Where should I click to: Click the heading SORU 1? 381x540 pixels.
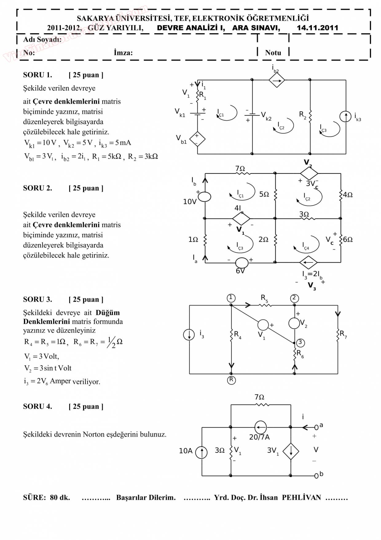pos(37,75)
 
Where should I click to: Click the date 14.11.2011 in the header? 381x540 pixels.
pos(317,28)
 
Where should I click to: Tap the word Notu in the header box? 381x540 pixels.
pos(273,53)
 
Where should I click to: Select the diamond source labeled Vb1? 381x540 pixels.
pos(197,139)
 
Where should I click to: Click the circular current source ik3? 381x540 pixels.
pos(345,116)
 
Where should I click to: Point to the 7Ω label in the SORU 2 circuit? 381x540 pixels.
pos(240,169)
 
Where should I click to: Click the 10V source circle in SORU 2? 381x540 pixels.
pos(205,197)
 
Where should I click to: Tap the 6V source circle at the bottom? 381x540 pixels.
pos(242,262)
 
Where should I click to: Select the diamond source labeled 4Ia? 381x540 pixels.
pos(241,218)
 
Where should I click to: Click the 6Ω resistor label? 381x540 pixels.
pos(348,239)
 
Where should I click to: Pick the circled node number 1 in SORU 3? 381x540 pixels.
pos(231,298)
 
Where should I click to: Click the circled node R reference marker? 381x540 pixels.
pos(231,380)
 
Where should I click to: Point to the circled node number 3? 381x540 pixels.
pos(300,342)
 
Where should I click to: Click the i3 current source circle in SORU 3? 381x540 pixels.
pos(189,334)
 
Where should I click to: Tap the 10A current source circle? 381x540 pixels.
pos(202,452)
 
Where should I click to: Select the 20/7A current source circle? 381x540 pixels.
pos(261,427)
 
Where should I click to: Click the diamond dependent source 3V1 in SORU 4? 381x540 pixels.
pos(290,451)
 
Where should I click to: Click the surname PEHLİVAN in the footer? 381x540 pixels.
pos(301,498)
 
